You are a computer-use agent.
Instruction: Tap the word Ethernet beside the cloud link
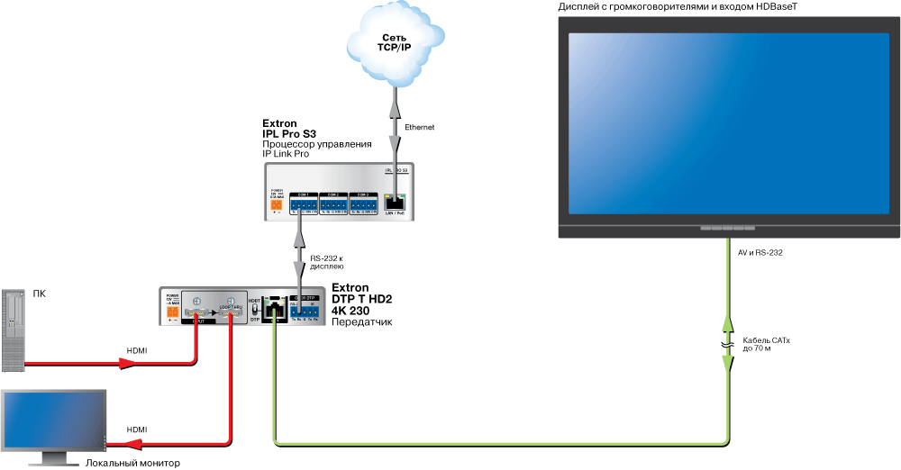point(420,128)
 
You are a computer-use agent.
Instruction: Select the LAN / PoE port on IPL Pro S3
point(395,203)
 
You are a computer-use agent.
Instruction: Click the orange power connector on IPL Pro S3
point(276,204)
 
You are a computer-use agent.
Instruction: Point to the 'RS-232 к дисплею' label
point(326,262)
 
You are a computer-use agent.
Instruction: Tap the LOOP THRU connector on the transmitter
point(232,313)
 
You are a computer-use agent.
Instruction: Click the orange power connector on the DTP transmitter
point(172,312)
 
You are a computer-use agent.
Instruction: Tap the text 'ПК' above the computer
point(40,294)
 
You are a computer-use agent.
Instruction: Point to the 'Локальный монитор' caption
point(132,463)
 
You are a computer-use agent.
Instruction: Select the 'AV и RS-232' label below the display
point(760,253)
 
